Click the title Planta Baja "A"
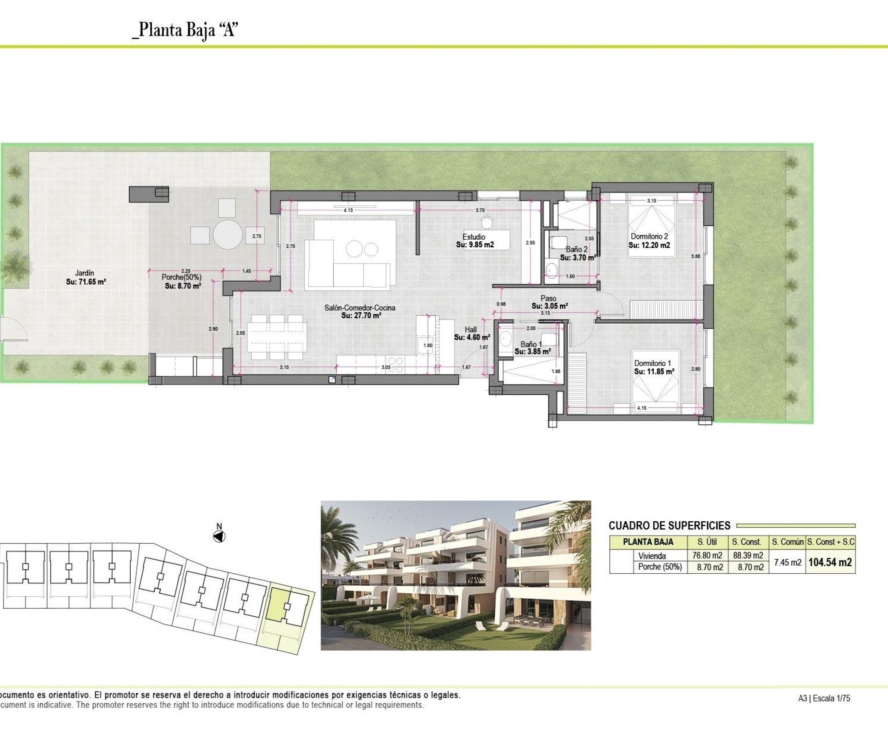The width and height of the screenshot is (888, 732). coord(185,30)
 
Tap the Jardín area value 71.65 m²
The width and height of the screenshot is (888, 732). coord(86,282)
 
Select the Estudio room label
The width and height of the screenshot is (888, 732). coord(474,237)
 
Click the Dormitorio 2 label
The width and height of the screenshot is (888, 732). coord(649,237)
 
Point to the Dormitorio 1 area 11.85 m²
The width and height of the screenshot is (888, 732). coord(654,371)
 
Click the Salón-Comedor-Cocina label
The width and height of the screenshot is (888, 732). coord(360,308)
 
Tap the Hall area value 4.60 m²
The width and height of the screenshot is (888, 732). coord(472,337)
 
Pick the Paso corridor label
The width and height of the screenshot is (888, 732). coord(548,299)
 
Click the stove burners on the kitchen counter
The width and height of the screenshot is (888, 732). coord(396,365)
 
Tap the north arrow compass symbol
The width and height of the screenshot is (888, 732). coord(219,537)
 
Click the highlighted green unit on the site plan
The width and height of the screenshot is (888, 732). coord(278,604)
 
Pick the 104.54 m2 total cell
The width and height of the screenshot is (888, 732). coord(830,562)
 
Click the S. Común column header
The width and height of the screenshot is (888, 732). coord(787,542)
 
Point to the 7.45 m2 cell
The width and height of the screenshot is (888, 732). coord(787,562)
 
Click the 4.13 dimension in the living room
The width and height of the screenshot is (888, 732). coord(348,210)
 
